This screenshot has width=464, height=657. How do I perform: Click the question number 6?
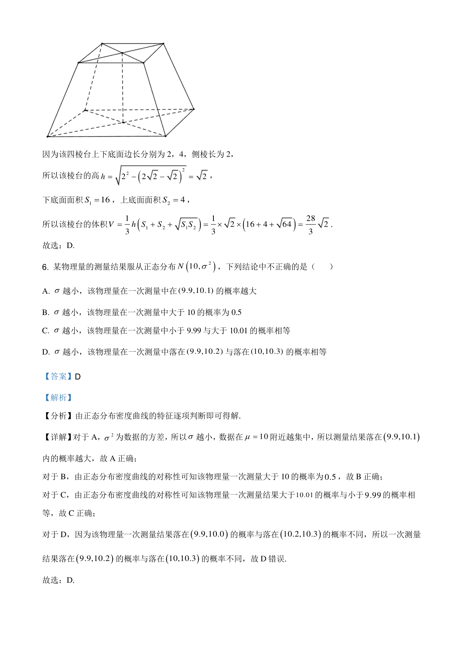click(44, 267)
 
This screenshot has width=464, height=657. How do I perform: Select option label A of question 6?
click(46, 291)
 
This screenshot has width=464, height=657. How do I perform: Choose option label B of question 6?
click(46, 313)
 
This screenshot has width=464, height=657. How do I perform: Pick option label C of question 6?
click(46, 331)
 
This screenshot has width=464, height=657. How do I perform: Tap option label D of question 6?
click(46, 352)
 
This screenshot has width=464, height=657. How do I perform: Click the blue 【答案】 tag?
click(57, 376)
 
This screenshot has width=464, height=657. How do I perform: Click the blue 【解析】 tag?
click(57, 397)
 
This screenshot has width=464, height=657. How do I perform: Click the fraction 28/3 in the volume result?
click(310, 224)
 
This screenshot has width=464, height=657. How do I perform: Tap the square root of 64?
click(284, 224)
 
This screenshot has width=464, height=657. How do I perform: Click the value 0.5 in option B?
click(236, 313)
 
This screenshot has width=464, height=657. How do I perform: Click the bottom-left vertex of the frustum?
click(48, 136)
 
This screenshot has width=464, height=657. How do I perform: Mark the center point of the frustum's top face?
click(122, 53)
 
